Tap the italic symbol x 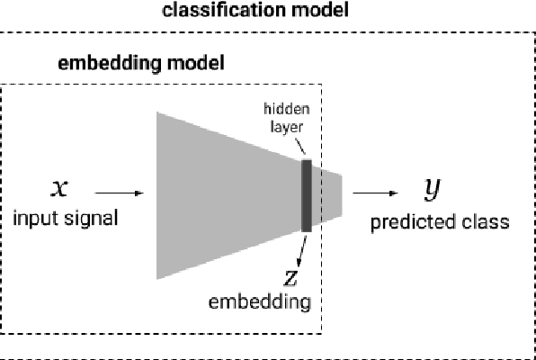click(x=60, y=189)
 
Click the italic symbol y click(x=433, y=188)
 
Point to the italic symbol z click(x=289, y=275)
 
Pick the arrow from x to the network click(x=118, y=193)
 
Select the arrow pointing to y click(x=376, y=193)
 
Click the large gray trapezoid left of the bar click(x=225, y=193)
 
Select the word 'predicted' click(x=406, y=220)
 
